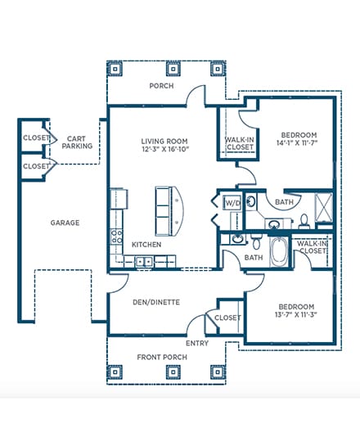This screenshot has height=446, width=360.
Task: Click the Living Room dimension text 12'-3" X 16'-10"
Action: pos(165,149)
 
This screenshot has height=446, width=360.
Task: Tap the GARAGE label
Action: pos(65,223)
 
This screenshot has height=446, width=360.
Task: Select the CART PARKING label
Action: pos(77,142)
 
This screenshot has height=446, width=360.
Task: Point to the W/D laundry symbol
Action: pos(232,202)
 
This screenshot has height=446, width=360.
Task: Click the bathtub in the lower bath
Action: pos(279,251)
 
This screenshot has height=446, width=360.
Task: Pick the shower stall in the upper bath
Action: pos(324,207)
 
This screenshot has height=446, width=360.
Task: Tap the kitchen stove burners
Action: pos(116,236)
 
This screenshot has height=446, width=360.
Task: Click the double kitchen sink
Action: pos(144,261)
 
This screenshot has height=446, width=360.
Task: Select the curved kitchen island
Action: pos(169,211)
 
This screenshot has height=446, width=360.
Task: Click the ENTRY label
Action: pos(197,344)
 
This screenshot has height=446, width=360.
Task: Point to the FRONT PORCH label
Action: pos(162,357)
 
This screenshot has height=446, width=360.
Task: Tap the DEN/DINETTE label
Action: pos(156,302)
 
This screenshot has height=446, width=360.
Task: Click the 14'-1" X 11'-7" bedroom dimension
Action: pos(296,142)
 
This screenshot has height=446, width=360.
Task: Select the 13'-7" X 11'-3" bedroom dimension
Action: pos(296,314)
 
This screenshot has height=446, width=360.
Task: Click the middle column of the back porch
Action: pos(173,69)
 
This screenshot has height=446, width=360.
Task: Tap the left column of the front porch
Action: pos(115,372)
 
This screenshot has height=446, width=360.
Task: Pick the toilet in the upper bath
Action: pos(304,221)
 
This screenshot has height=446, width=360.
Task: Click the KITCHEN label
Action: pos(146,245)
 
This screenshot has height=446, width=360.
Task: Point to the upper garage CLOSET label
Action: pos(36,137)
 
